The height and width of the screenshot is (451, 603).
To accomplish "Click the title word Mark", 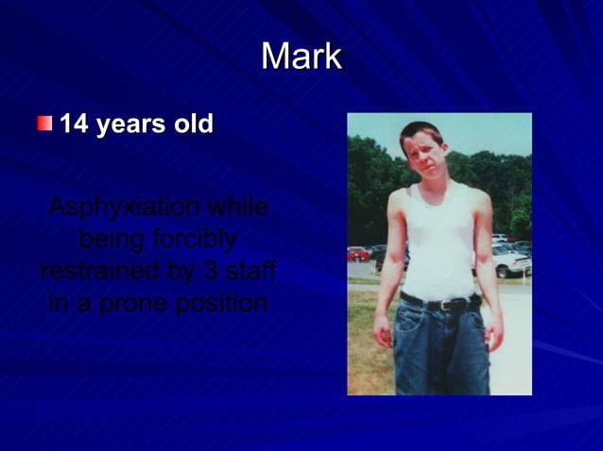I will click(x=301, y=58).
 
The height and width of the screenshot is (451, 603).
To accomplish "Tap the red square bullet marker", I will click(x=44, y=124).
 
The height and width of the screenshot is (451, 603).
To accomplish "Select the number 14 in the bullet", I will click(x=74, y=125).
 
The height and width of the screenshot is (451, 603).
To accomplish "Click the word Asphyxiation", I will click(x=123, y=207).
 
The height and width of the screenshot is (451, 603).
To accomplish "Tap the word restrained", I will click(x=98, y=271).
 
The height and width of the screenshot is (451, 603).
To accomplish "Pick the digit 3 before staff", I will click(x=211, y=271).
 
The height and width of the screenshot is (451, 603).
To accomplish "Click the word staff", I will click(x=251, y=271).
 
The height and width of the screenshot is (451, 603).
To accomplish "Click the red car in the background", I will click(x=359, y=253).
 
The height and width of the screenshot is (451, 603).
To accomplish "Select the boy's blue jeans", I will click(x=441, y=349).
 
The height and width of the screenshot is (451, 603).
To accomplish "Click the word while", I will click(x=237, y=207).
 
